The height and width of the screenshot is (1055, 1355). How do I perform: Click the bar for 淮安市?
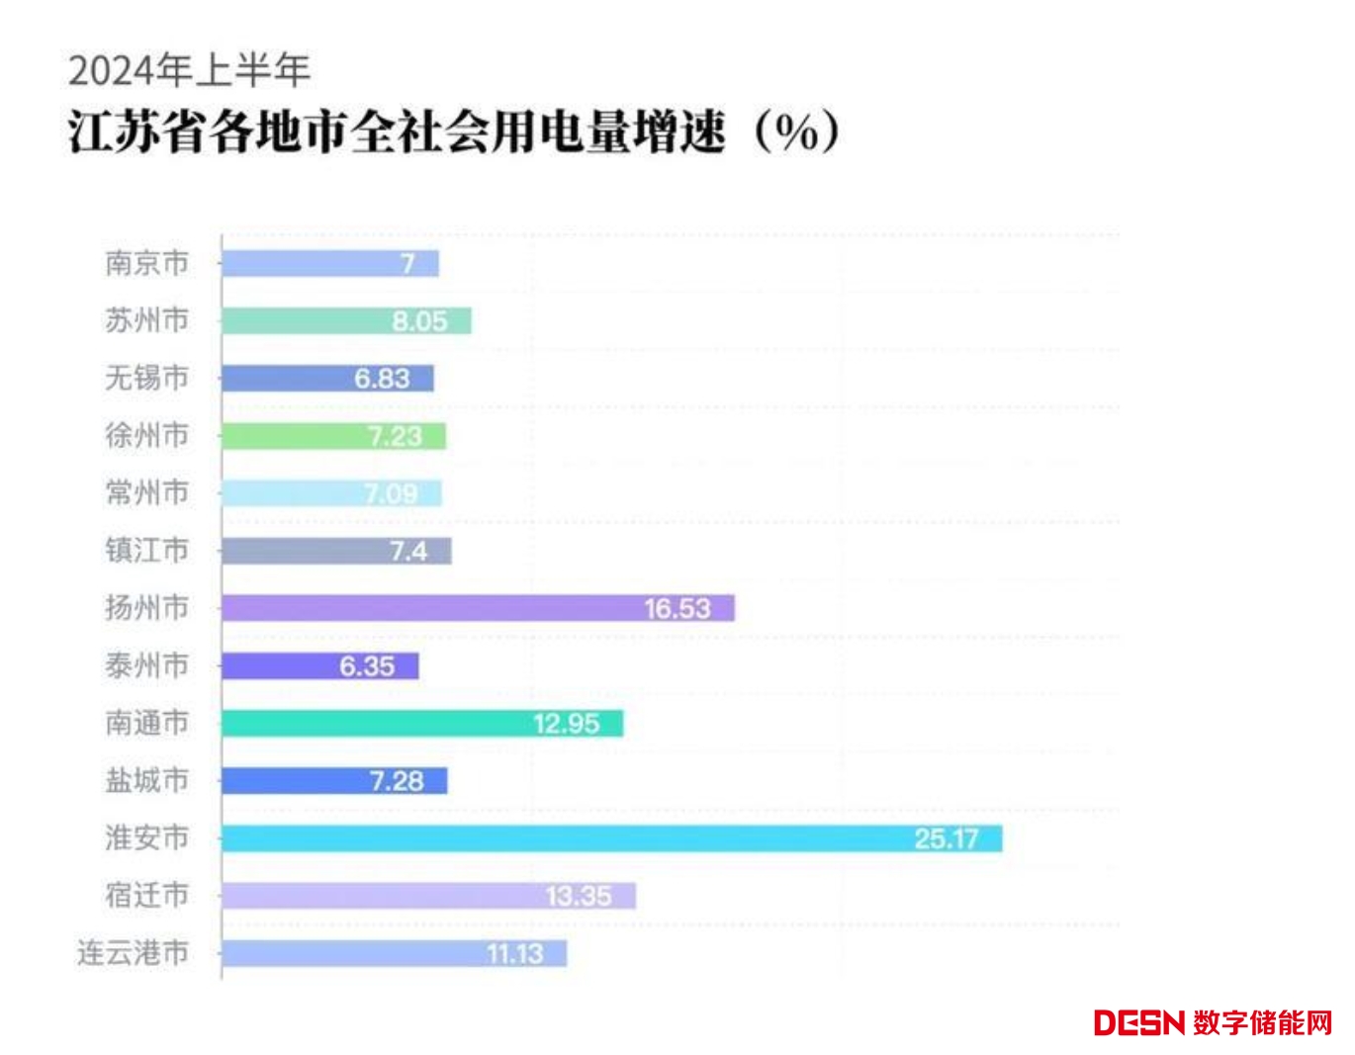[x=611, y=838]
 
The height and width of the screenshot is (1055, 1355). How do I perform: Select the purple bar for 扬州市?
[x=478, y=608]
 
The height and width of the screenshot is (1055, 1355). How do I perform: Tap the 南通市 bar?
[x=422, y=724]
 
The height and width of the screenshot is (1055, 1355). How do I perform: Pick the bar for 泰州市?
[x=319, y=666]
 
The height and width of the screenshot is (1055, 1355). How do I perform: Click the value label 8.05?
[x=419, y=321]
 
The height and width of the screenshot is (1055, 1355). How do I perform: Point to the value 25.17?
[x=946, y=838]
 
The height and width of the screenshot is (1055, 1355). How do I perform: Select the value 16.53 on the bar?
[x=677, y=608]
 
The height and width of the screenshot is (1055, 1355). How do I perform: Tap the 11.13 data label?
[x=514, y=954]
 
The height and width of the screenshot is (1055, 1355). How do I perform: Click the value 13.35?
[x=578, y=897]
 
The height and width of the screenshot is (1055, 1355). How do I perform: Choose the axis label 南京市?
[x=146, y=263]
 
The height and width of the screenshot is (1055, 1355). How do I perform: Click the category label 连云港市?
[x=133, y=953]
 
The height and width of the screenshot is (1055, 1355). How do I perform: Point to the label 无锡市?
[x=146, y=378]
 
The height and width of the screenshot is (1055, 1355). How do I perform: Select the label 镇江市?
[x=146, y=550]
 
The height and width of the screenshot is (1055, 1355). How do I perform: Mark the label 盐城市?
[x=146, y=780]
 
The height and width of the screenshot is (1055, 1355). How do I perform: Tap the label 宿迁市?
[x=146, y=896]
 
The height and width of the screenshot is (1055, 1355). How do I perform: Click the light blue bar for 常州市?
[x=331, y=493]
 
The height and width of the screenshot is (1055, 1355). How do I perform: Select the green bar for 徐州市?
[x=333, y=436]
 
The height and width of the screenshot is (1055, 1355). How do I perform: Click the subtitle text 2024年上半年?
[x=189, y=70]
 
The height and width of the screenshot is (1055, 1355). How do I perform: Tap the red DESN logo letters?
[x=1138, y=1022]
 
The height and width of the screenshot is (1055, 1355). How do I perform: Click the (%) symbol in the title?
[x=796, y=132]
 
